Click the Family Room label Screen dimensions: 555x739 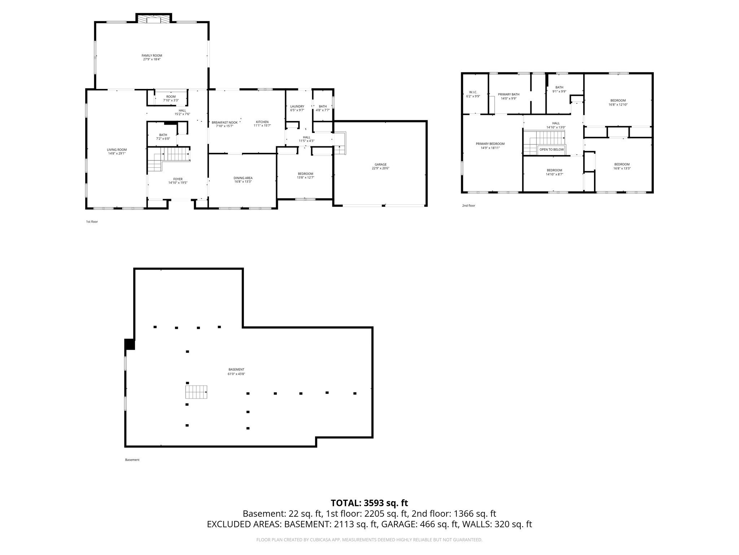[x=152, y=57]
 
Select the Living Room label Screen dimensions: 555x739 [x=117, y=151]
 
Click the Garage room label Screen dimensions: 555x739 [x=380, y=166]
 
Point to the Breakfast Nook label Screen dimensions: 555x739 [x=224, y=124]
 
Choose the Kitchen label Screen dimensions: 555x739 [x=262, y=124]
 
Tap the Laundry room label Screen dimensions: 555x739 [x=297, y=108]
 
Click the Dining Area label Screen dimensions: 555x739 [x=243, y=180]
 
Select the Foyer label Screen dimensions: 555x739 [x=178, y=181]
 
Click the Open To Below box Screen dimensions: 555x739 [x=551, y=150]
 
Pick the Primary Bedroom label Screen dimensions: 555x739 [x=490, y=146]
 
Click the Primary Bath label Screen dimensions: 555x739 [x=508, y=96]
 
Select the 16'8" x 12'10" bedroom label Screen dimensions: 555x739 [x=618, y=102]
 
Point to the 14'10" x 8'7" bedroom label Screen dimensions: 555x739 [x=554, y=172]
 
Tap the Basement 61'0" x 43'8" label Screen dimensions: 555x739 [x=236, y=371]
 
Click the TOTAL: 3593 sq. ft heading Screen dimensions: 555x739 [x=369, y=503]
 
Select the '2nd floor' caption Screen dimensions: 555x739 [x=468, y=206]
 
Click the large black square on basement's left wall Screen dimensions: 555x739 [x=130, y=344]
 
